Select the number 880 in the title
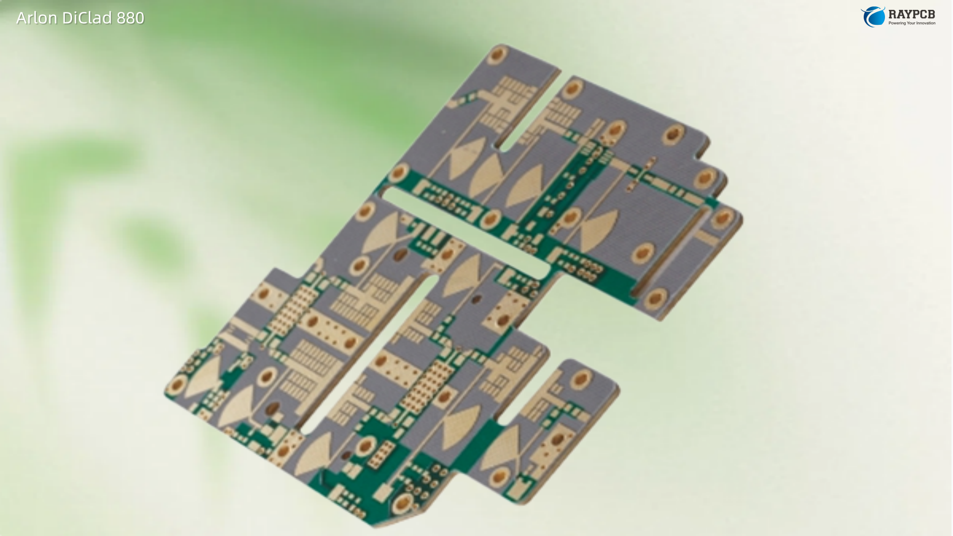pyautogui.click(x=131, y=18)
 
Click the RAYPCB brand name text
pyautogui.click(x=912, y=14)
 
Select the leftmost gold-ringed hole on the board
pyautogui.click(x=177, y=384)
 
